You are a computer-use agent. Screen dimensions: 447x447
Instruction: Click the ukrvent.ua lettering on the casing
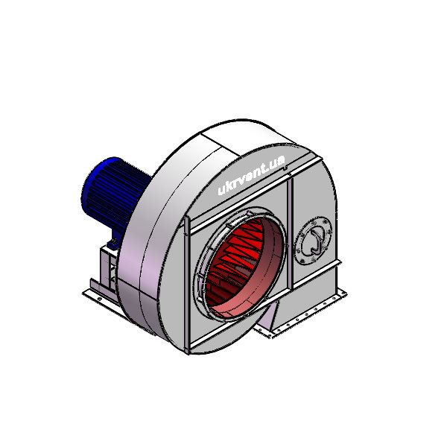click(252, 175)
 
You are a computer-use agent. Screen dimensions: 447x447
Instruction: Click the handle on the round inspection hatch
click(316, 241)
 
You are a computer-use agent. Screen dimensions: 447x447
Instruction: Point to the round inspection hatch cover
click(313, 241)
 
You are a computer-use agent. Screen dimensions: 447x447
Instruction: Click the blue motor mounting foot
click(113, 244)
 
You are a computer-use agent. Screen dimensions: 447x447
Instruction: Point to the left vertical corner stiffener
click(187, 285)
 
